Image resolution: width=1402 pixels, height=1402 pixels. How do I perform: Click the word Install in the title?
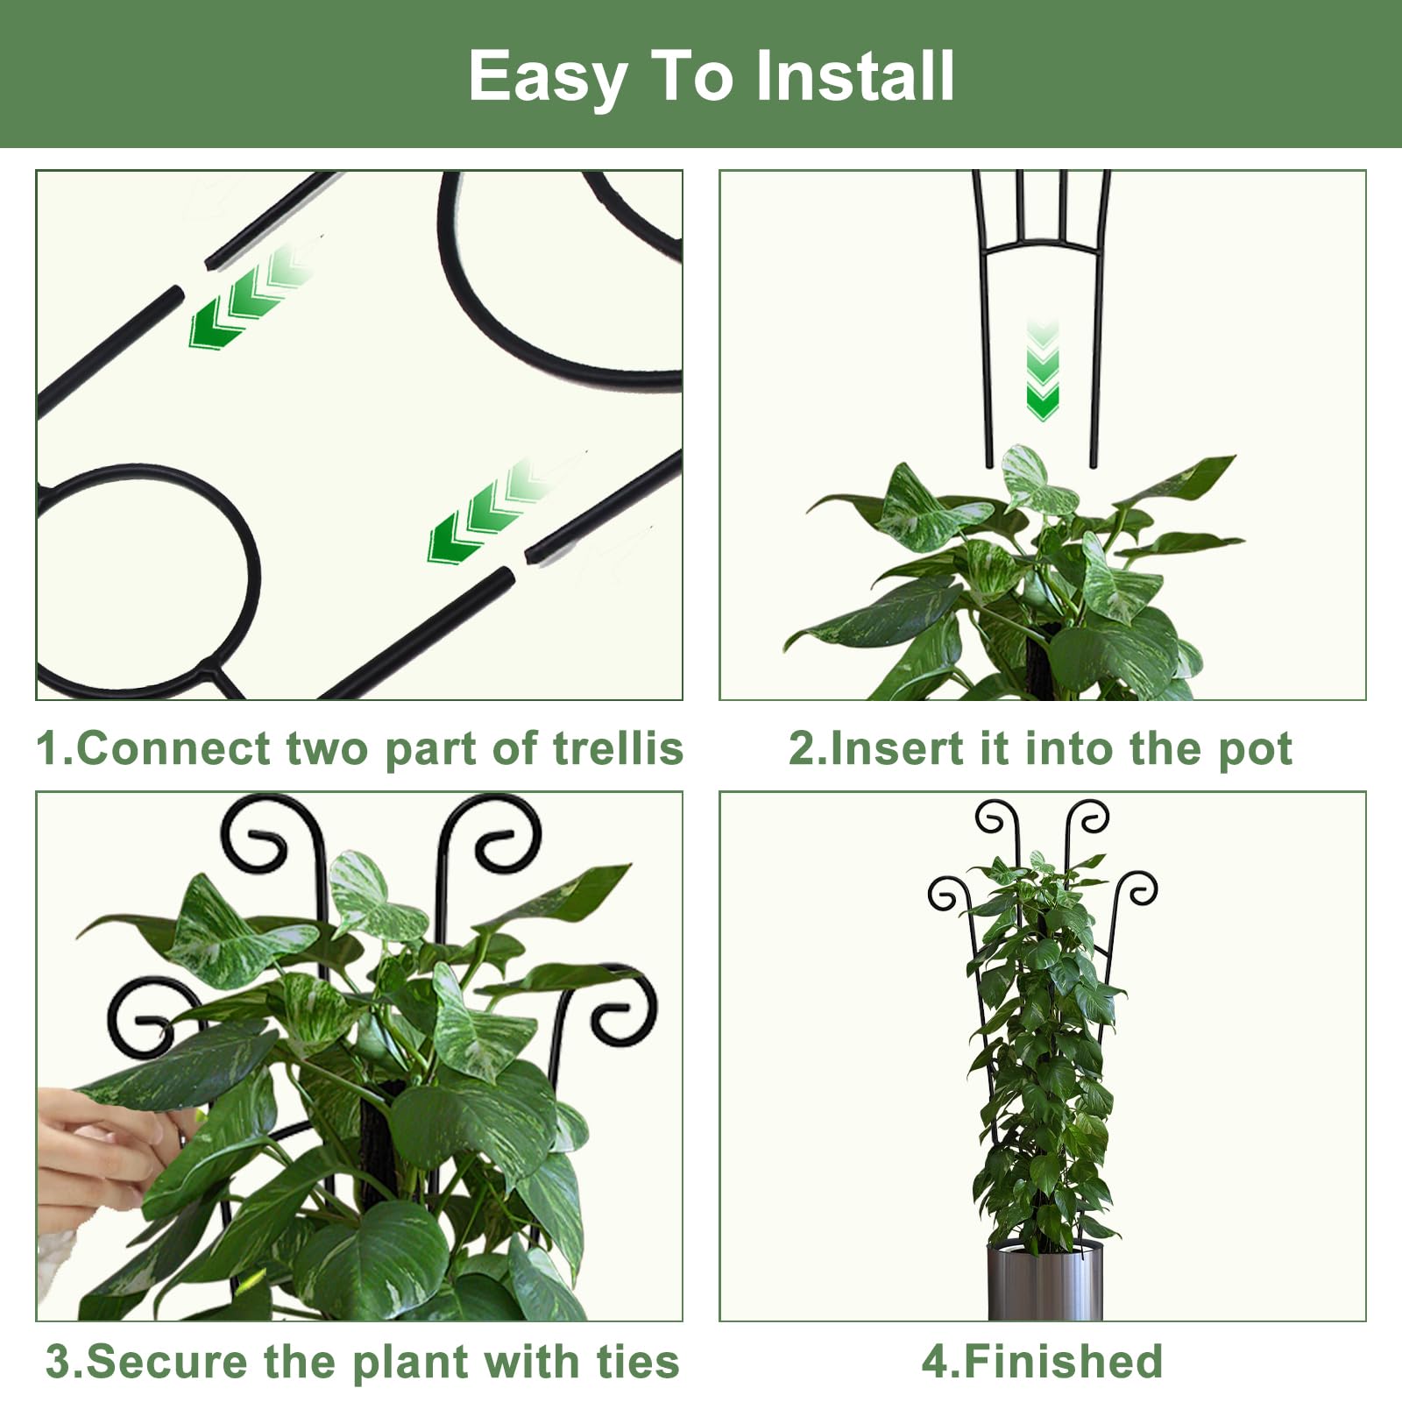[854, 75]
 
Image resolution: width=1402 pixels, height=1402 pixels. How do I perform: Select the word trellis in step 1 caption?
[618, 748]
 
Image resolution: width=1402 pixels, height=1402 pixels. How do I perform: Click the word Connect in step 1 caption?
[173, 748]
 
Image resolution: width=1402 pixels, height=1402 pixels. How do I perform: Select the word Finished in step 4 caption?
[1062, 1362]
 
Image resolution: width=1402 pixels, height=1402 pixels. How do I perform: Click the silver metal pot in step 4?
[1044, 1280]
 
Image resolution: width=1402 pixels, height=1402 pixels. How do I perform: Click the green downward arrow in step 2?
[1042, 370]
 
